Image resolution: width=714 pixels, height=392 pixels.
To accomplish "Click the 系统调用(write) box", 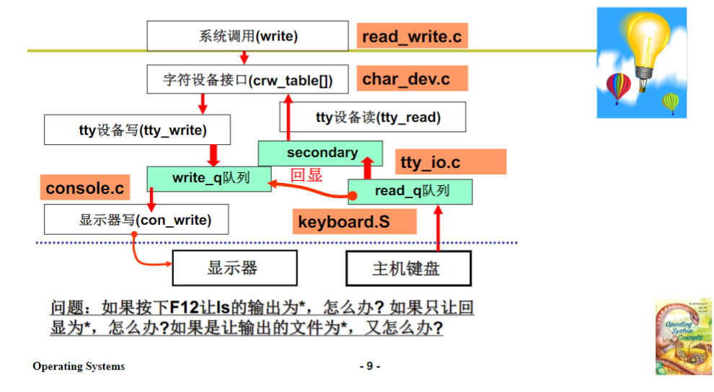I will tap(248, 36).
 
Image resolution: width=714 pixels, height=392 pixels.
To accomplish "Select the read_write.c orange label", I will tap(412, 36).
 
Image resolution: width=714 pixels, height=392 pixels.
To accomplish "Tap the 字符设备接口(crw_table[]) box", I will tap(248, 80).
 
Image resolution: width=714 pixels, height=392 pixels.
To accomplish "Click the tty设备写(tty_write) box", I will tap(137, 130).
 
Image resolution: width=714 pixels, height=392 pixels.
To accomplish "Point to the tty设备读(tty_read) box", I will tap(382, 117).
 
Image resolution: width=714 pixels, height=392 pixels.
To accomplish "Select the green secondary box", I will tap(321, 153).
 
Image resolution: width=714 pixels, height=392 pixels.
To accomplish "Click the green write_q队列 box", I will tap(210, 177).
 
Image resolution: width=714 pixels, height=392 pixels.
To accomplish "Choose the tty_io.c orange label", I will tap(431, 163).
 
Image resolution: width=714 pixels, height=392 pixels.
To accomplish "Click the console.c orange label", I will tap(85, 189).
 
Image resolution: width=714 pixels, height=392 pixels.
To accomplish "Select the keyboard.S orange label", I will tap(345, 222).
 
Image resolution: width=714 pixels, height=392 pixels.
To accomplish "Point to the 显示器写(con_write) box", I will tap(136, 219).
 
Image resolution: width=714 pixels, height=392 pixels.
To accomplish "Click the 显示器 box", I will tap(234, 269).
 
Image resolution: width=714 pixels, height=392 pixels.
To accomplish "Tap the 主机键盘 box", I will tap(408, 269).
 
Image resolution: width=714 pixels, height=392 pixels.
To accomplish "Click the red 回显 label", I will tap(306, 174).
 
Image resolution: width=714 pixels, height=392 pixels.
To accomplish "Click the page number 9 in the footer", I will tap(369, 366).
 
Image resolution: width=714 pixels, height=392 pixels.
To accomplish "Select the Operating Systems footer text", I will tap(79, 366).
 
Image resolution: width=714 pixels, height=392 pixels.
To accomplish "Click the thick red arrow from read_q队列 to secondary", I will tap(367, 169).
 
